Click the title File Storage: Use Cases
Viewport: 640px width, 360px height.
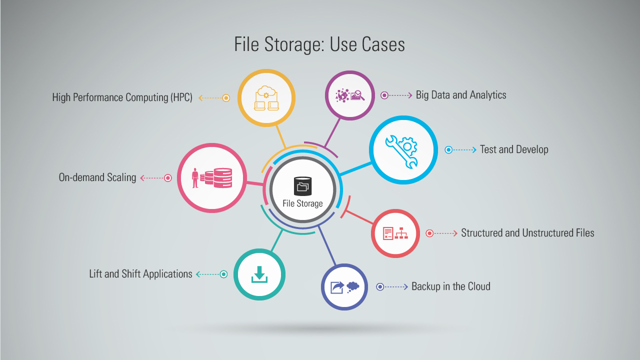(x=319, y=45)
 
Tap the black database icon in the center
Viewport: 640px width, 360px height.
(x=303, y=186)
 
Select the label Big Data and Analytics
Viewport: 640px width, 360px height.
(x=461, y=95)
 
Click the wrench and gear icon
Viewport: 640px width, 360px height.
(x=401, y=151)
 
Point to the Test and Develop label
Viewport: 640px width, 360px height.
(x=514, y=149)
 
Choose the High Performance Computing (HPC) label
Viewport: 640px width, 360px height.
(x=122, y=97)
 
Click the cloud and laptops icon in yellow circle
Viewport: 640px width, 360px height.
(x=266, y=98)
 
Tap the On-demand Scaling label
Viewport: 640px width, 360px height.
(x=97, y=177)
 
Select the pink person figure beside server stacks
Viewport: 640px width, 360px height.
(x=195, y=178)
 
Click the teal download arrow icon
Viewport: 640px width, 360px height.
(x=259, y=274)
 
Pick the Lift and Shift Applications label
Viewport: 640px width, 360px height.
(x=140, y=274)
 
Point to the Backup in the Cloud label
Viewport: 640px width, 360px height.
(x=451, y=286)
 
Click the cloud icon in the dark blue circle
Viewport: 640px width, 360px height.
(x=353, y=286)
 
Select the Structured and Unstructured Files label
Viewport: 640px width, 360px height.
(x=527, y=233)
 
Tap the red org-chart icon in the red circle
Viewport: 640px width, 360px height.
(x=401, y=233)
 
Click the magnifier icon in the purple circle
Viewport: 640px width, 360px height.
(x=358, y=95)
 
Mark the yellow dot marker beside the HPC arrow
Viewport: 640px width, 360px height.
(x=226, y=98)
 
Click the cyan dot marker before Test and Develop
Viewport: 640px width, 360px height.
(x=448, y=149)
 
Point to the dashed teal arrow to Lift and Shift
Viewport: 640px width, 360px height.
(x=208, y=274)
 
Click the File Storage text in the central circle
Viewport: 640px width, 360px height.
(x=302, y=203)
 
